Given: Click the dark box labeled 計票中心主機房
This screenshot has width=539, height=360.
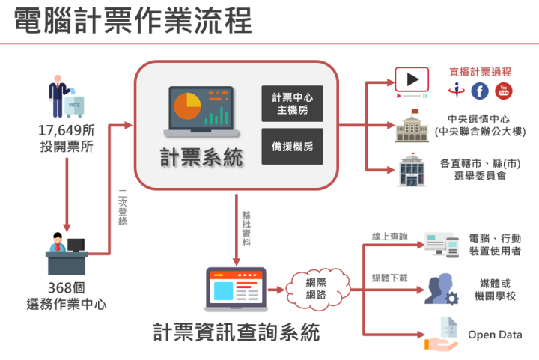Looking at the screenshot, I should pos(293,105).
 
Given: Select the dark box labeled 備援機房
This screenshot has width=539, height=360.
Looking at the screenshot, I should pos(293,147).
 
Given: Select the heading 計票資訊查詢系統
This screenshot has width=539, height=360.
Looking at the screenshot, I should pos(237,331).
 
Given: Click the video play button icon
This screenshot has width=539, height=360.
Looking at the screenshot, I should pos(411,79).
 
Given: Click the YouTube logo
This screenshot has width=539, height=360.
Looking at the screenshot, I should pos(504,91).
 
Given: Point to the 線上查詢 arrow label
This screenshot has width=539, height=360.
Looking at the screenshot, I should pos(390,237).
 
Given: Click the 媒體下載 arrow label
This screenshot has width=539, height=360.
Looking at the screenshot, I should pos(390,278).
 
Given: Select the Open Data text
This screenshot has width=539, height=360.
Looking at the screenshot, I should pos(495,335).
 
